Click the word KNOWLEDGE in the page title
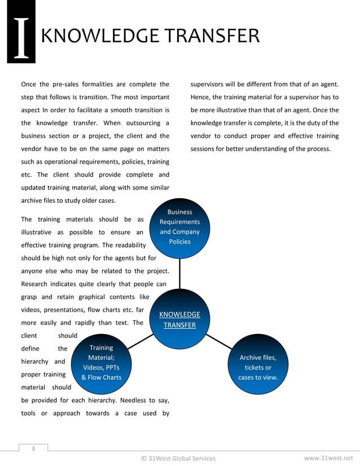click(100, 36)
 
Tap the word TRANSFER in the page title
click(210, 36)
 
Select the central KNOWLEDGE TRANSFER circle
click(179, 320)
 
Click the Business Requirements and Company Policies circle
click(179, 227)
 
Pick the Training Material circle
click(102, 363)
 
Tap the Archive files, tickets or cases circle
click(258, 367)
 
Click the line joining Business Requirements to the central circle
click(180, 274)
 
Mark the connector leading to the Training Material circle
click(141, 342)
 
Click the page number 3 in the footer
click(33, 449)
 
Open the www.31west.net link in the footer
click(331, 458)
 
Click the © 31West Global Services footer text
click(178, 458)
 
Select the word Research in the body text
click(36, 284)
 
